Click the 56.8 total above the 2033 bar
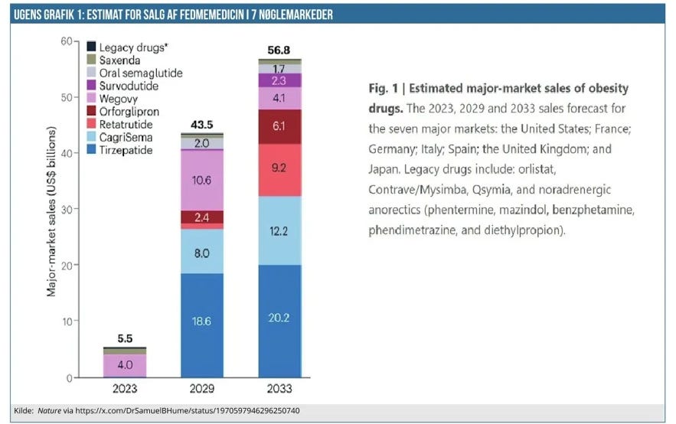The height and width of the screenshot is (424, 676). [278, 51]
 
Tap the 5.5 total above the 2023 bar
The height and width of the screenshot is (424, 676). [124, 338]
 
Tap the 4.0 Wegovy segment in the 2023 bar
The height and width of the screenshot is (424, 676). [124, 365]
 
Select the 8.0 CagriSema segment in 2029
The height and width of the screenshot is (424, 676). [202, 251]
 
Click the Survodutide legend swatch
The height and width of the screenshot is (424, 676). [91, 86]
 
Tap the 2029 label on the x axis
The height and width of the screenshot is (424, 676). [202, 389]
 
